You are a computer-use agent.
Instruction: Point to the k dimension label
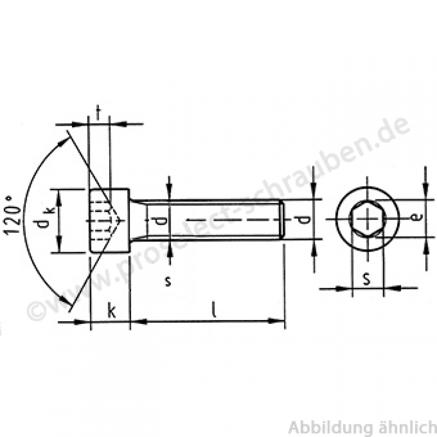point(111,311)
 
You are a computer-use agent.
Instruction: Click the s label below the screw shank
point(168,281)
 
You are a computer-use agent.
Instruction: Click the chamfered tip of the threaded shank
point(281,220)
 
